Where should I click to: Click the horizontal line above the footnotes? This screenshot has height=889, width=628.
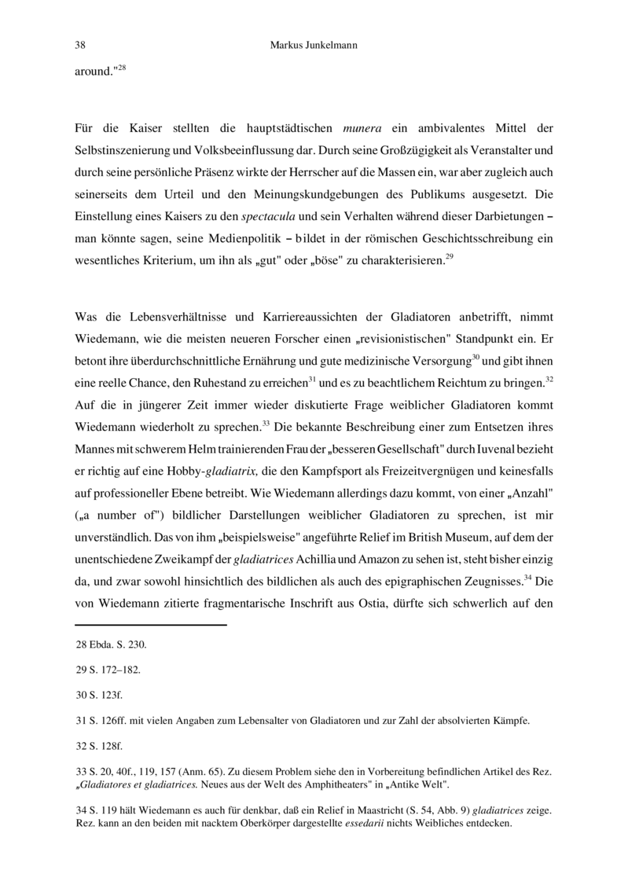(x=150, y=625)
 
